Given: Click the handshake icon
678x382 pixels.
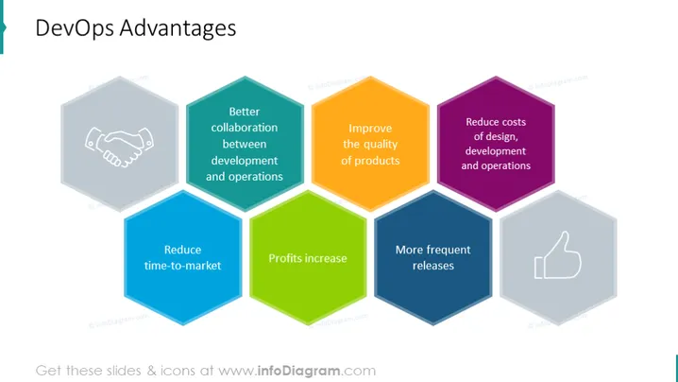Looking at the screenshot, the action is pyautogui.click(x=119, y=147).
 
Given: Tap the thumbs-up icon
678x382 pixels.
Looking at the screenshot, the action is pyautogui.click(x=558, y=254).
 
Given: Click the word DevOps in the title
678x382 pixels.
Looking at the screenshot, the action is pyautogui.click(x=75, y=28).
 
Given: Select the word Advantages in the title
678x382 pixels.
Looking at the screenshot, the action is pyautogui.click(x=178, y=28).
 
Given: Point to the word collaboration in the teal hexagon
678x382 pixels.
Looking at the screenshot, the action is pyautogui.click(x=245, y=128).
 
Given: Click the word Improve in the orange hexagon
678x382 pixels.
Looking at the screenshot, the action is pyautogui.click(x=370, y=129).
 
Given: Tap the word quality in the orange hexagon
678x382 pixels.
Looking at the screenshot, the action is pyautogui.click(x=381, y=145).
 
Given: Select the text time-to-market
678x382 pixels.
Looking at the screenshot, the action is pyautogui.click(x=182, y=266).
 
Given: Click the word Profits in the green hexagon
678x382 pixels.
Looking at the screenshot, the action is pyautogui.click(x=283, y=258).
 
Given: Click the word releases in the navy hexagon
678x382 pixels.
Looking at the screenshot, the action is pyautogui.click(x=432, y=266).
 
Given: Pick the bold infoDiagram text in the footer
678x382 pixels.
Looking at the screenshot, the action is pyautogui.click(x=298, y=371).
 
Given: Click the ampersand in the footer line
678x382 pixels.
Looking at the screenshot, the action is pyautogui.click(x=152, y=371).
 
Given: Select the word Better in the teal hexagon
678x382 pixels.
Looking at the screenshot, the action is pyautogui.click(x=245, y=112).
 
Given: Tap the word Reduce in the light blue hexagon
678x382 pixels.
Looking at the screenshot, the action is pyautogui.click(x=182, y=250).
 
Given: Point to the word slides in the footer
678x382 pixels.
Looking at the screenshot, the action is pyautogui.click(x=122, y=371).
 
